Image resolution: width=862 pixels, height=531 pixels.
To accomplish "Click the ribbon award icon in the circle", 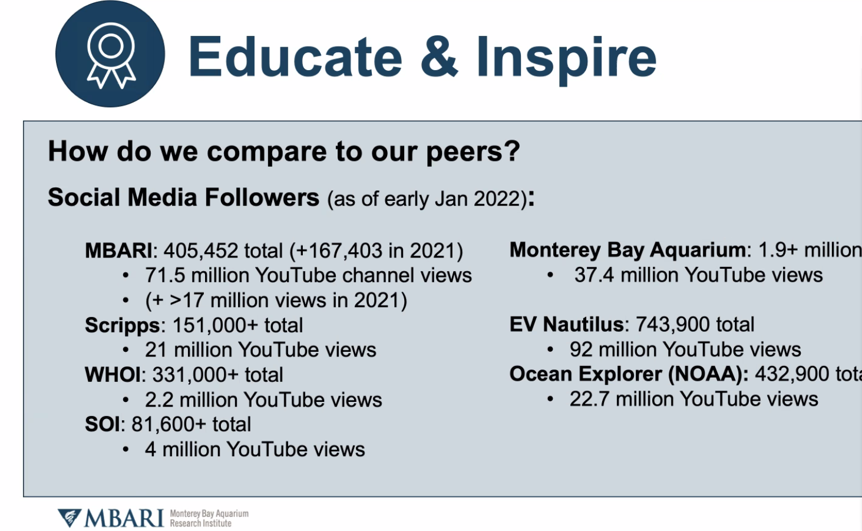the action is tap(111, 55).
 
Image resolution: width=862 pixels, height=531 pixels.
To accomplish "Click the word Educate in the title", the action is tap(295, 57).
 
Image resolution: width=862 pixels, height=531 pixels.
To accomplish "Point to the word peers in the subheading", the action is tap(473, 152).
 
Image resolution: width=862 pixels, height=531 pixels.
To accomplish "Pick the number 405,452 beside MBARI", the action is tap(201, 251).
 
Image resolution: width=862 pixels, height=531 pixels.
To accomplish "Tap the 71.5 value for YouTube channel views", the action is tap(165, 275).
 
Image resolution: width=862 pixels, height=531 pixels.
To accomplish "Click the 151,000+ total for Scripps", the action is tap(214, 325).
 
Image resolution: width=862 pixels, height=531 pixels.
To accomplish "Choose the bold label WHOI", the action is tap(113, 374).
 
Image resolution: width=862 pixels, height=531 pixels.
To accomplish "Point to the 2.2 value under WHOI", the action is tap(159, 400).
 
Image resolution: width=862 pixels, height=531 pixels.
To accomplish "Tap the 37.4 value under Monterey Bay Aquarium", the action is tap(594, 275).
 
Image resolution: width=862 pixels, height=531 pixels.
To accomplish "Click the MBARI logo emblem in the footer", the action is tap(70, 518).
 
